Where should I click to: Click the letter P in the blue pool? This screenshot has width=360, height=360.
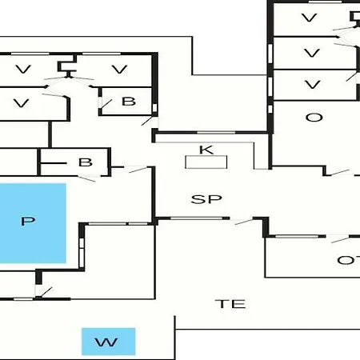click(x=28, y=221)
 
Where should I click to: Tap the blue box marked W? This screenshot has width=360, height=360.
click(x=108, y=342)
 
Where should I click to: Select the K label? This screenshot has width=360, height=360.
click(x=206, y=150)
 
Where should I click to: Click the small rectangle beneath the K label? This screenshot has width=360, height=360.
click(x=206, y=162)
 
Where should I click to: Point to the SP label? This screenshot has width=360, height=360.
click(x=206, y=199)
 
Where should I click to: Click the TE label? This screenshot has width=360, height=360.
click(x=230, y=304)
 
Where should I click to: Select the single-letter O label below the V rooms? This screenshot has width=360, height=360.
click(x=314, y=118)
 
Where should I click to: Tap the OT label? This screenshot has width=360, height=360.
click(x=349, y=260)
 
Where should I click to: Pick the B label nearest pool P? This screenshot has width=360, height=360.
click(x=86, y=162)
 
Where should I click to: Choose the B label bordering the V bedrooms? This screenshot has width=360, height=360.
click(x=129, y=102)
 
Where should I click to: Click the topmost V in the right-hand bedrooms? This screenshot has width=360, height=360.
click(x=310, y=18)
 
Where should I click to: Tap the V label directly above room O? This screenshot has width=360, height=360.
click(x=312, y=85)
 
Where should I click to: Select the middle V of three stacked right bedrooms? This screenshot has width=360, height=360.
click(x=312, y=53)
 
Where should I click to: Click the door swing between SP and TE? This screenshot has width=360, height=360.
click(x=244, y=222)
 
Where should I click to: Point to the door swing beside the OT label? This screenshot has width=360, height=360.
click(x=340, y=239)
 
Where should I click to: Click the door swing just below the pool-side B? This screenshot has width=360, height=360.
click(x=86, y=178)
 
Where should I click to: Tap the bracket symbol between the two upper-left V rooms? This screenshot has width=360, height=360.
click(x=67, y=67)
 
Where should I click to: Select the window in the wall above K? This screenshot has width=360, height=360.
click(x=216, y=133)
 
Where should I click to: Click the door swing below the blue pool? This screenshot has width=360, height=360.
click(x=44, y=292)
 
